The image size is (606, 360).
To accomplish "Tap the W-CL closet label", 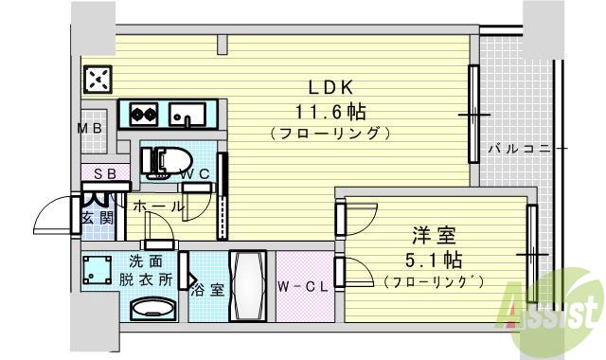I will coord(303,287).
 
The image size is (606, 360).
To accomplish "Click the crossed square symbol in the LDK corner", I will coord(98,79).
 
